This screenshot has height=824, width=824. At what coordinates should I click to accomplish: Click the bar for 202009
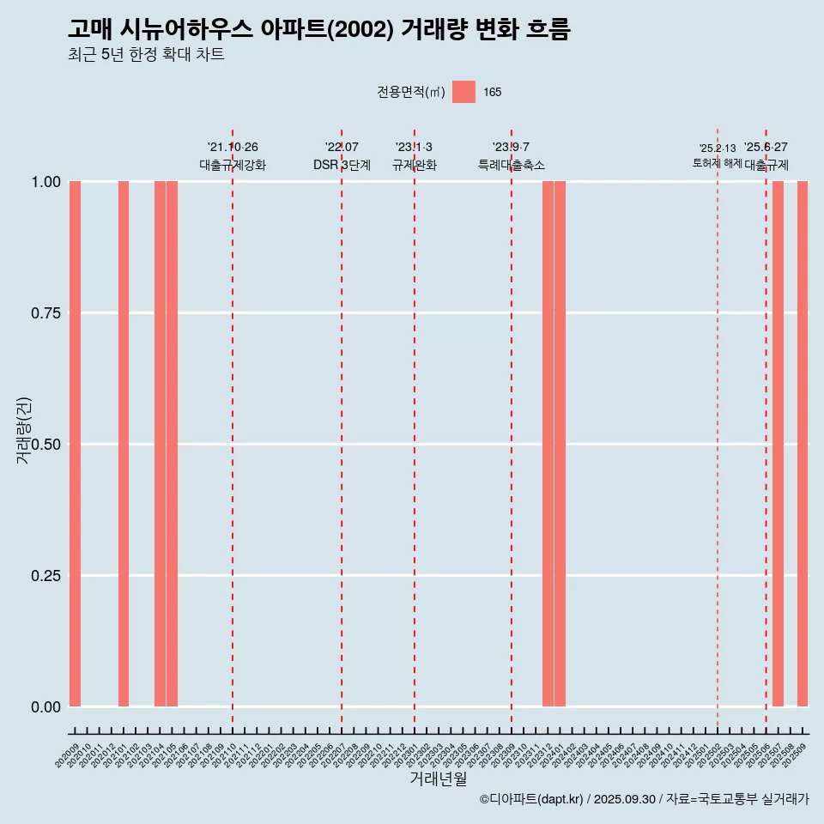point(75,444)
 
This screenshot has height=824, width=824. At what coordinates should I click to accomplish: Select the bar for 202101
point(124,444)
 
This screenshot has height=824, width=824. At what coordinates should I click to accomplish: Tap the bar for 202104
point(160,444)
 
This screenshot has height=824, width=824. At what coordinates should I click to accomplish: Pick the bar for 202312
point(548,444)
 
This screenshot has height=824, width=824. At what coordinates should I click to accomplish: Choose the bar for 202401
point(560,444)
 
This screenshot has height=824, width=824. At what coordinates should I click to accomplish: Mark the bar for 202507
point(778,444)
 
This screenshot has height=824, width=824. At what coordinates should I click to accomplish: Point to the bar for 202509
point(803,444)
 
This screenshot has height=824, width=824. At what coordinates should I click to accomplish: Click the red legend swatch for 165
point(463,92)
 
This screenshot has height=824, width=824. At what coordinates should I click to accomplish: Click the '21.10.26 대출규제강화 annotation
point(233,156)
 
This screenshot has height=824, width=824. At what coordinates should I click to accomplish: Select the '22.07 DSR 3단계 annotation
point(342,156)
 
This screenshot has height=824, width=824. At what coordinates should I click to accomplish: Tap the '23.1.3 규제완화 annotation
point(415,156)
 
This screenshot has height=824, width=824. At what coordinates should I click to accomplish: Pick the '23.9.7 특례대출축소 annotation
point(512,156)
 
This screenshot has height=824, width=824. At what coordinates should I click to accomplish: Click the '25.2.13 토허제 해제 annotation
point(718,156)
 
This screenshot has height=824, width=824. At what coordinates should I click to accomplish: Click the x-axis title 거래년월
point(439,779)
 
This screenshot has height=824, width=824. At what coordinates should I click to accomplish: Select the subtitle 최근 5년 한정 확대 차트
point(146,55)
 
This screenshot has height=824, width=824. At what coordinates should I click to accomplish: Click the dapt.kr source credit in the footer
point(644,800)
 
